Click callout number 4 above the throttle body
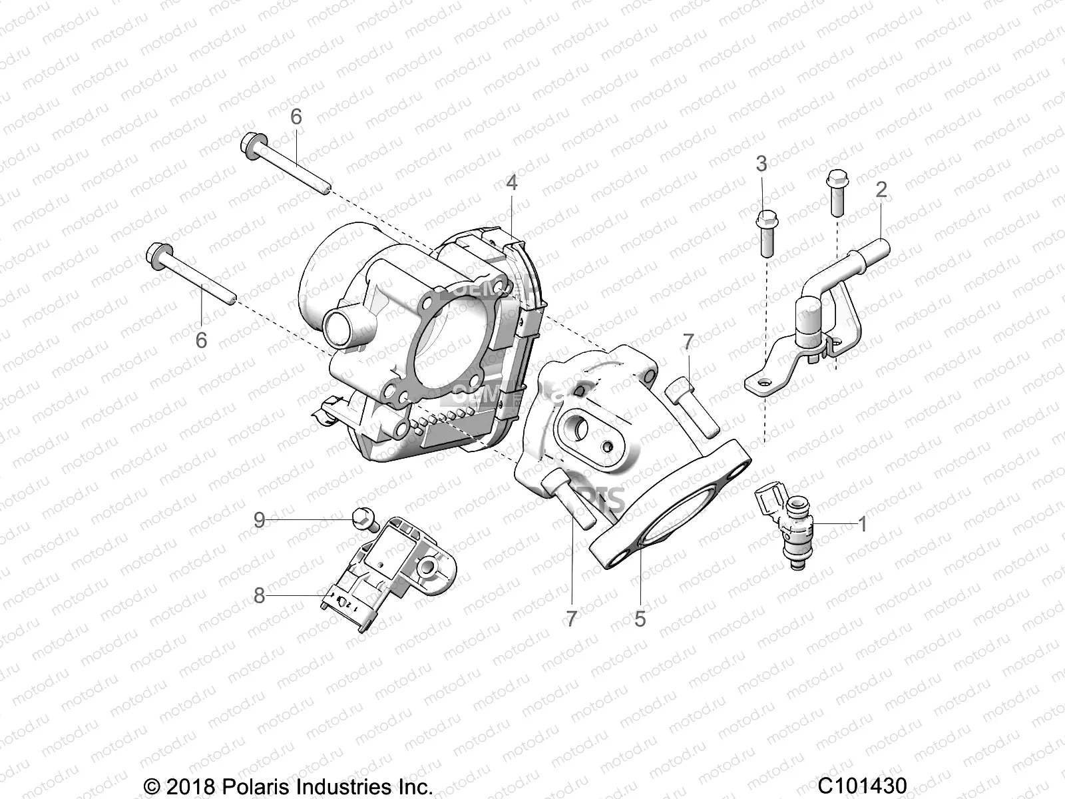511,182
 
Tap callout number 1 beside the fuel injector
863,525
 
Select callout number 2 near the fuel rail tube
881,190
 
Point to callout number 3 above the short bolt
761,164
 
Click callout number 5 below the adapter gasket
640,619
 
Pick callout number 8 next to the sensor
260,595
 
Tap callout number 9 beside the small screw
260,519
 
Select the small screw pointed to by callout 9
364,519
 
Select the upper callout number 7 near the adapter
688,342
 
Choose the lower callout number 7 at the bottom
571,619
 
